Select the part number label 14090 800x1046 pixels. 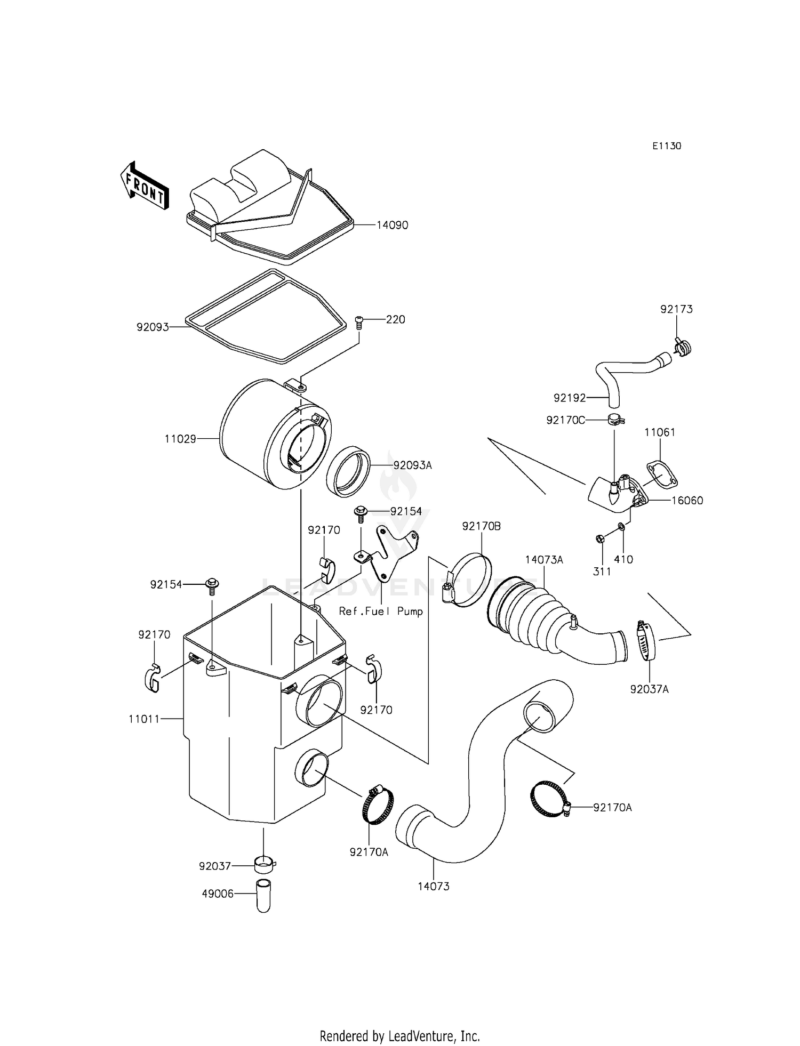pos(392,225)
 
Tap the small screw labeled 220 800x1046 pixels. pos(359,322)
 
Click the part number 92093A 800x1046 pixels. pos(412,465)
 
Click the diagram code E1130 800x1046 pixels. pos(667,146)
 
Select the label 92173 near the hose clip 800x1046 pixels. pos(676,309)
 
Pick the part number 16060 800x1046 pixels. pos(687,501)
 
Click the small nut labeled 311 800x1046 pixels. pos(599,539)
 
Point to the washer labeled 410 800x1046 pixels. pos(621,527)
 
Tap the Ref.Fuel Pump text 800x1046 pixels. pos(381,611)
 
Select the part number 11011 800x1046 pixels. pos(144,719)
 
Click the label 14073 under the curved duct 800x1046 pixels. pos(433,886)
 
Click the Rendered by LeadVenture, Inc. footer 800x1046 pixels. pos(399,1036)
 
